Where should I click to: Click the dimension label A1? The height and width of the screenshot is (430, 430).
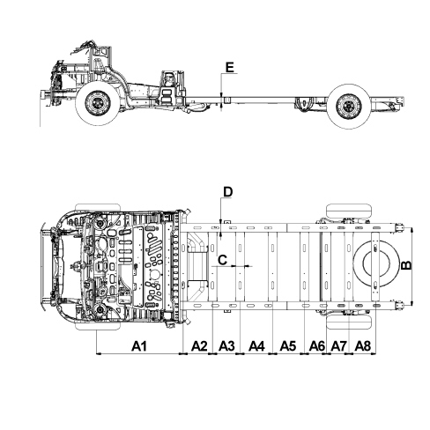coord(138,346)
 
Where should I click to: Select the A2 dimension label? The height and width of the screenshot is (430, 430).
coord(199,346)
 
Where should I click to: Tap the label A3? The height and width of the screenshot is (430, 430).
coord(226,346)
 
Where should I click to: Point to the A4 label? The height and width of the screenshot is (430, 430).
coord(256,346)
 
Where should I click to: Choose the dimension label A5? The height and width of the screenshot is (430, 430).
coord(288,346)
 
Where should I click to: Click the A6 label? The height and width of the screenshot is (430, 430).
coord(317,346)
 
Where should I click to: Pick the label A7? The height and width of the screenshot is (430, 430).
coord(339,346)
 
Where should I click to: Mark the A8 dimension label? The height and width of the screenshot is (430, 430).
coord(363,346)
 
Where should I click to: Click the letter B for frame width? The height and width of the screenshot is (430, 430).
coord(407,265)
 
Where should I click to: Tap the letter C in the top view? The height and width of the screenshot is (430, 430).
coord(223,260)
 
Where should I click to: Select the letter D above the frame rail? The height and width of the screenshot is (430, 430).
coord(228,192)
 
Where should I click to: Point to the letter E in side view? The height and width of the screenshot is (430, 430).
coord(229,67)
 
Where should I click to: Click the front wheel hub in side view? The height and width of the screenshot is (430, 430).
coord(98,103)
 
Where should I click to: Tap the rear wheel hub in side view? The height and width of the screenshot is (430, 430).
coord(349,106)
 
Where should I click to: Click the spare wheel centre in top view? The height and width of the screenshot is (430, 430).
coord(376,263)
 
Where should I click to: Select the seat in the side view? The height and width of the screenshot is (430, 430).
coord(167,88)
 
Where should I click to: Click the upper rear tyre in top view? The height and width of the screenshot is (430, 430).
coord(349,211)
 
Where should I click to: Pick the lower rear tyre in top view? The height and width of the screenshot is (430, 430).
coord(349,322)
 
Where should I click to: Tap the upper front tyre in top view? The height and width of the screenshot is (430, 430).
coord(98,208)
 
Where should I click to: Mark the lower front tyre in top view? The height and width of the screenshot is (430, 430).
coord(98,326)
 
